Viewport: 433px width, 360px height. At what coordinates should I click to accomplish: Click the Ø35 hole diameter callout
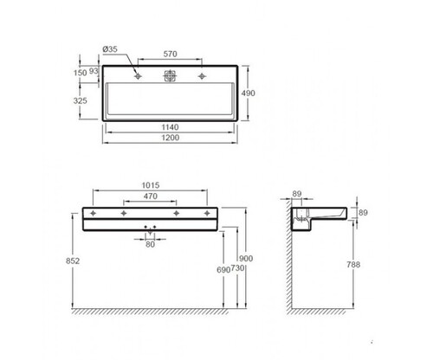click(110, 49)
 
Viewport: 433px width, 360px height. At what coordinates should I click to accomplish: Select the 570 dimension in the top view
click(170, 54)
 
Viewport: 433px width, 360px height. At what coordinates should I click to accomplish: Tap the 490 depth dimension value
click(249, 93)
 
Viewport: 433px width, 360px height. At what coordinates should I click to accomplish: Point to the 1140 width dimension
click(170, 127)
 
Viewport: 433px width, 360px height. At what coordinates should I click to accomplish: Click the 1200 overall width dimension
click(171, 138)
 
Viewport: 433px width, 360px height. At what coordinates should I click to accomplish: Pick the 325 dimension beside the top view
click(80, 100)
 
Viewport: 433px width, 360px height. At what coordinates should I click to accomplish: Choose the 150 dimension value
click(80, 73)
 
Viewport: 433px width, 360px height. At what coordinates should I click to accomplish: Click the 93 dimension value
click(94, 71)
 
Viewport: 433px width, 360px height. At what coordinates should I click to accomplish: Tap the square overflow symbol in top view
click(170, 76)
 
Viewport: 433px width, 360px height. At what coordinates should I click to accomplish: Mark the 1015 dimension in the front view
click(151, 185)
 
